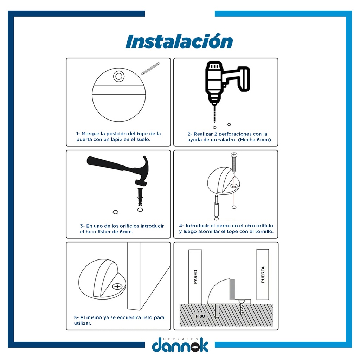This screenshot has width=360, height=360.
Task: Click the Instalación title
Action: tap(179, 41)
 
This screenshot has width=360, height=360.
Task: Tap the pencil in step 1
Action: tap(150, 69)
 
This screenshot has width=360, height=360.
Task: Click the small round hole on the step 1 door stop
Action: tap(119, 76)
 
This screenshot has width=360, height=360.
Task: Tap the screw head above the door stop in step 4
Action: tap(234, 155)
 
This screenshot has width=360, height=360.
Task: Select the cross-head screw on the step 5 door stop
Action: tap(117, 286)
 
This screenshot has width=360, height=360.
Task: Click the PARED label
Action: tap(195, 277)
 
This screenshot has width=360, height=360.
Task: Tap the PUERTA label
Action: tap(263, 275)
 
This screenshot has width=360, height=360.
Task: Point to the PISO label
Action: tap(200, 316)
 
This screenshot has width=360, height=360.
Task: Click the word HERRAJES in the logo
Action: tap(180, 339)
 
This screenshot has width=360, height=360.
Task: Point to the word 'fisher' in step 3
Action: tap(105, 232)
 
